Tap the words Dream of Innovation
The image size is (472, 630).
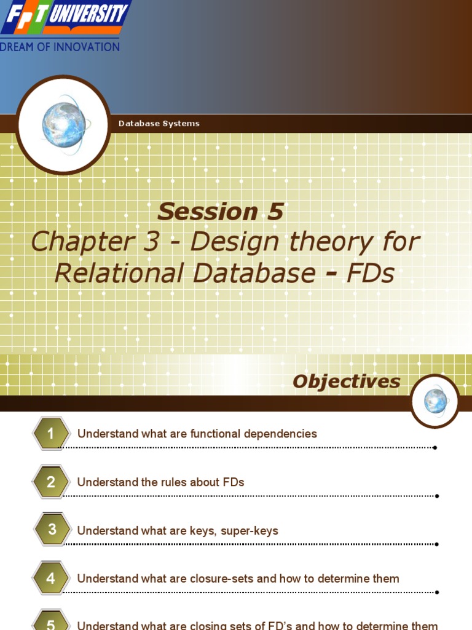[x=60, y=47]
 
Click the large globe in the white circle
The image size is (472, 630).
[x=64, y=125]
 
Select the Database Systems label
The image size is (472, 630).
[x=159, y=124]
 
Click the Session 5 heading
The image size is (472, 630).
[x=220, y=212]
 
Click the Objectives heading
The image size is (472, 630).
[x=346, y=381]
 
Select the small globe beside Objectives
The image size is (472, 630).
[x=435, y=401]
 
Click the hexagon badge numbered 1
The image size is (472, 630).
[x=51, y=434]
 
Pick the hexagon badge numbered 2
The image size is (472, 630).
[x=51, y=482]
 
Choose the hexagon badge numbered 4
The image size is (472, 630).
[x=51, y=578]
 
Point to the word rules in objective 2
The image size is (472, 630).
[x=175, y=482]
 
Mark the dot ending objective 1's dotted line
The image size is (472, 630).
[x=435, y=447]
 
